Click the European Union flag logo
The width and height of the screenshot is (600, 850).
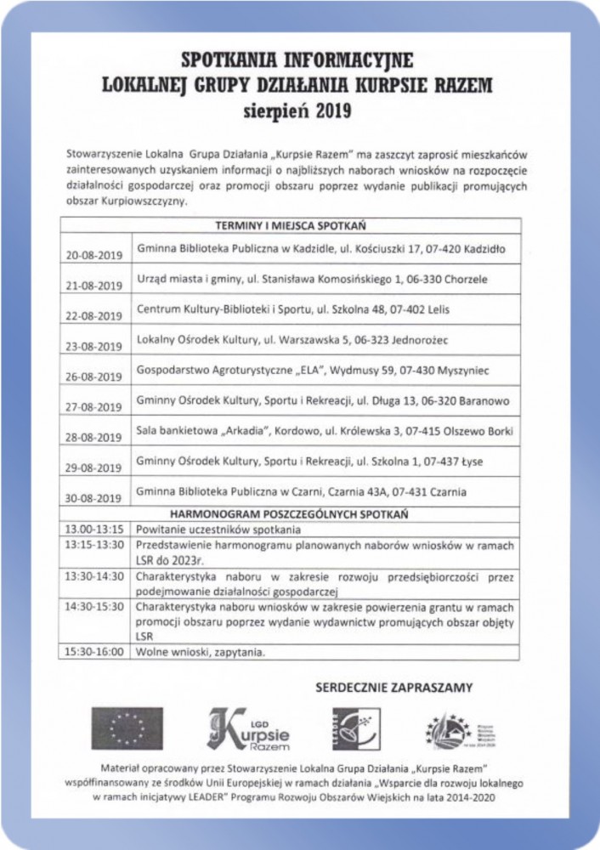(x=127, y=727)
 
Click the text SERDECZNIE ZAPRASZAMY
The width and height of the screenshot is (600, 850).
(x=393, y=686)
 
